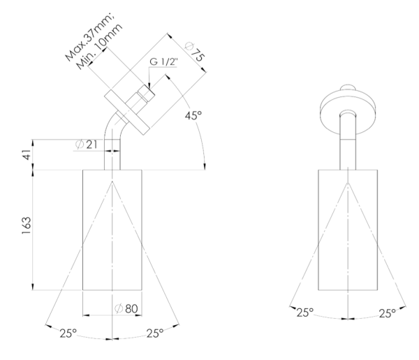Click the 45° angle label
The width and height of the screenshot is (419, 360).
(x=193, y=115)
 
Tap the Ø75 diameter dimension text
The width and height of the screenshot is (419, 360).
(x=195, y=52)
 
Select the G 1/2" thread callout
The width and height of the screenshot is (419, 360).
(x=163, y=62)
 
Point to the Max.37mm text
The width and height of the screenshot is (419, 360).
(x=90, y=37)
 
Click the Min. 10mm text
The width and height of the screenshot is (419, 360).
(x=99, y=46)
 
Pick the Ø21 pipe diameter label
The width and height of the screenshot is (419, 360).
(x=86, y=145)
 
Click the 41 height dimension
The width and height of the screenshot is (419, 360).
(x=27, y=154)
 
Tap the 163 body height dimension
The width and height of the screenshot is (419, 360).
(x=27, y=226)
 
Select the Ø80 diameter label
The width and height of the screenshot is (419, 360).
(x=126, y=309)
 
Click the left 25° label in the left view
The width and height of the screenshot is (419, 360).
(x=68, y=333)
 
